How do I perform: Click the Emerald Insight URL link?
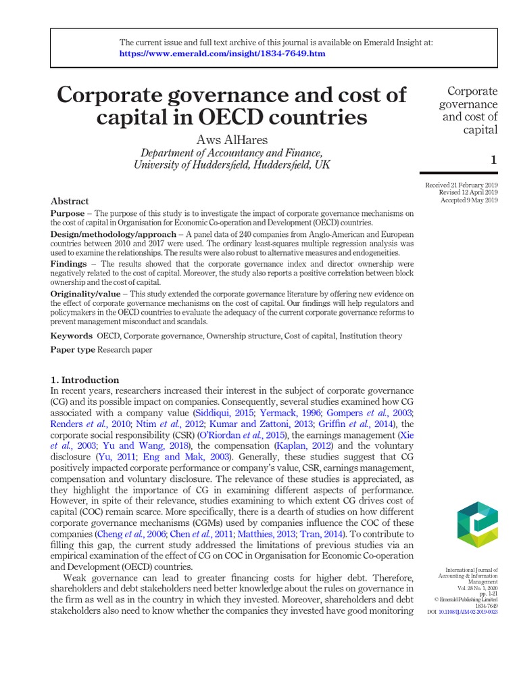click(223, 53)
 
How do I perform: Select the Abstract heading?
click(70, 201)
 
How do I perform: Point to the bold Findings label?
click(68, 263)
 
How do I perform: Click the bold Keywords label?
click(72, 336)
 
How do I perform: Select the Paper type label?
click(73, 350)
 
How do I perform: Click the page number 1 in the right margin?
click(493, 160)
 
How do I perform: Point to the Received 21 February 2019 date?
click(461, 185)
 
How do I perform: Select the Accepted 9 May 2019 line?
click(468, 200)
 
